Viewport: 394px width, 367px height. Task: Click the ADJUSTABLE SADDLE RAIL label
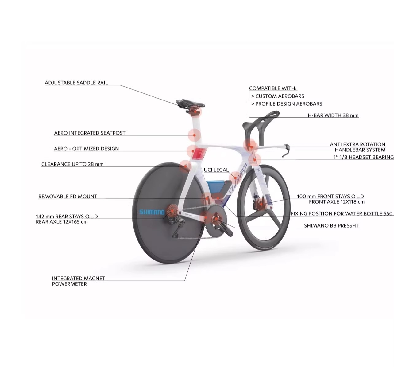click(76, 83)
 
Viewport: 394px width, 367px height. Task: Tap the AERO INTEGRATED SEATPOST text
click(90, 133)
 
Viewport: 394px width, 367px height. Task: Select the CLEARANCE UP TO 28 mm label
click(72, 164)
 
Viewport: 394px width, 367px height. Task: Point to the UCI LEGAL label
click(216, 170)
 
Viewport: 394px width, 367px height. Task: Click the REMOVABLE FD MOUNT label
click(68, 197)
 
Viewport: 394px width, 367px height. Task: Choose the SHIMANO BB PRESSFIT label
click(332, 226)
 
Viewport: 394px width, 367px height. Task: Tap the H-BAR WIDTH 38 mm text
click(333, 115)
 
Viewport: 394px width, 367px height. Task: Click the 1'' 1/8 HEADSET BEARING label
click(364, 157)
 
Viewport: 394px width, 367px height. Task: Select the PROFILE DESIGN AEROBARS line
click(287, 104)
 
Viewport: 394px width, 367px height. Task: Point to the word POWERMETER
click(69, 284)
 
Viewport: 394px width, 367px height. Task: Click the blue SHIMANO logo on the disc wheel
click(152, 212)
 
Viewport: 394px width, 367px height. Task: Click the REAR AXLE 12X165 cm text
click(62, 222)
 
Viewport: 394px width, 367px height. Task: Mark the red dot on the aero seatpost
click(195, 135)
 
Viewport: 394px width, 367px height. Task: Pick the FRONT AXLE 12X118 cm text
click(337, 202)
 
